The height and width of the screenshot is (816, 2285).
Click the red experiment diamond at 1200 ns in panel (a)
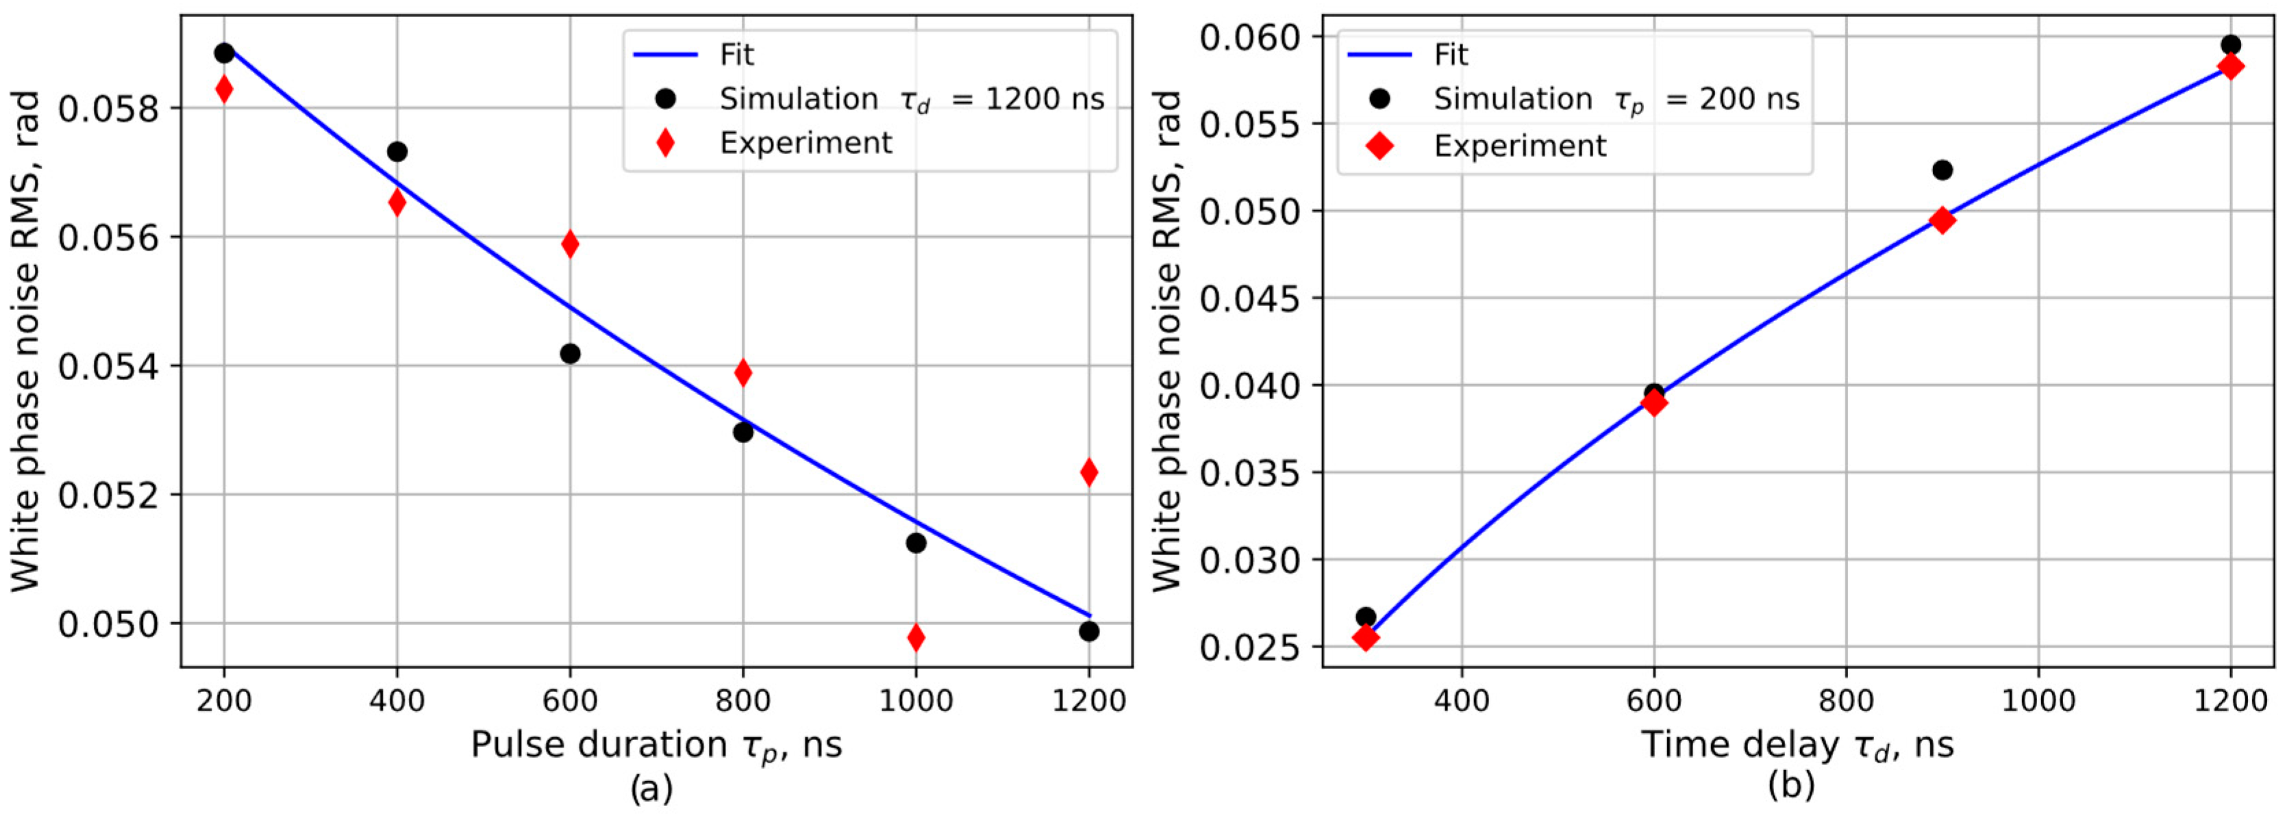click(1088, 472)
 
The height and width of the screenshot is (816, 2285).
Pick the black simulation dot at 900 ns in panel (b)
click(1942, 169)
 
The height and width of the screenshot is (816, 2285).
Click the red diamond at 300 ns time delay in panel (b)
click(1366, 637)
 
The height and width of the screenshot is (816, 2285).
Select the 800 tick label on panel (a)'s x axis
click(742, 701)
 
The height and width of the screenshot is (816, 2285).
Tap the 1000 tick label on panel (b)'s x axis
click(2038, 701)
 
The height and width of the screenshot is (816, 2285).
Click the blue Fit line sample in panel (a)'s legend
click(664, 55)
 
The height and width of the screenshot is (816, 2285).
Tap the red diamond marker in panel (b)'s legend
click(1379, 145)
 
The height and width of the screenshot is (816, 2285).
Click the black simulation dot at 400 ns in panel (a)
click(397, 152)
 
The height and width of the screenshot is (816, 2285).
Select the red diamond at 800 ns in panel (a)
click(742, 373)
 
